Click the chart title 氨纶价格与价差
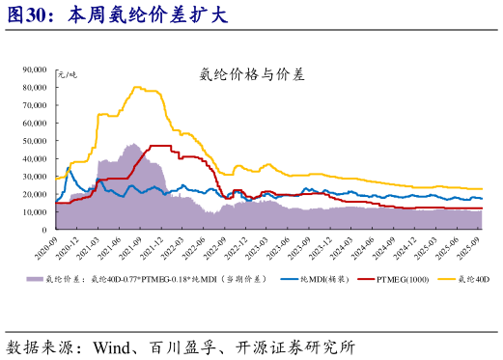[x=250, y=72]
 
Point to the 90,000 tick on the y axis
[x=35, y=69]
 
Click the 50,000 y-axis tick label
[x=35, y=141]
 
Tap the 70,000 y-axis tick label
[x=35, y=105]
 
